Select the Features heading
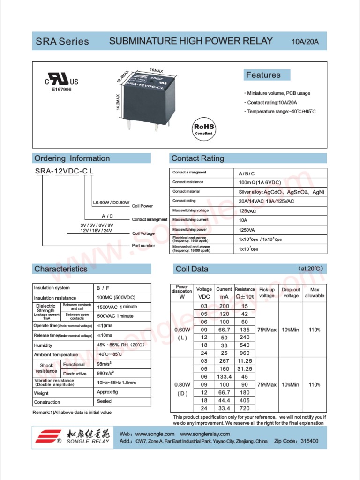(x=264, y=75)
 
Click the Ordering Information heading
(x=72, y=158)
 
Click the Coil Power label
(x=142, y=206)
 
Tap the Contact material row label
(x=186, y=191)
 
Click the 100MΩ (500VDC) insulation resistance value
(x=116, y=298)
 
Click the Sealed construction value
(x=104, y=401)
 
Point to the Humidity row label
(x=43, y=345)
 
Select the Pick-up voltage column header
(x=267, y=292)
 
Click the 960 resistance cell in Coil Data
(x=244, y=353)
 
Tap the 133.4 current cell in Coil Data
(x=224, y=377)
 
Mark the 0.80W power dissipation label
(x=182, y=385)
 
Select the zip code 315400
(x=309, y=441)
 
